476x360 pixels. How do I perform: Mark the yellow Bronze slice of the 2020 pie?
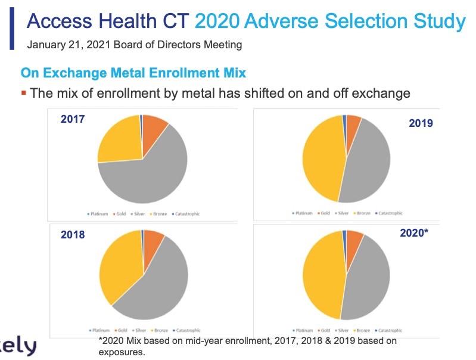319,274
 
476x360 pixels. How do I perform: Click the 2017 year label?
73,119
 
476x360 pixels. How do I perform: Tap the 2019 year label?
421,123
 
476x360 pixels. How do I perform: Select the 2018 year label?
73,235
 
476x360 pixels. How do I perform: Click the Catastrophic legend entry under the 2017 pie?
186,214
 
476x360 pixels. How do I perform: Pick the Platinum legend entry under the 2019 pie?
302,213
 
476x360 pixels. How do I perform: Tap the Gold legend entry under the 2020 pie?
325,330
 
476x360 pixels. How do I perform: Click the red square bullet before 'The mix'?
24,92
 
